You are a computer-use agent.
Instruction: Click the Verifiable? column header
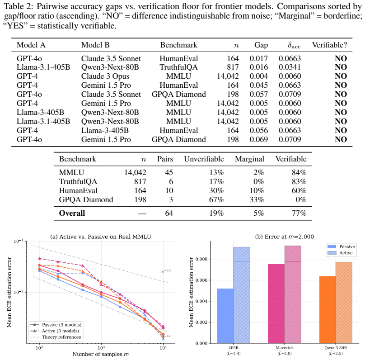[x=329, y=45]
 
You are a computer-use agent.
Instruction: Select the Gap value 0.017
[x=259, y=58]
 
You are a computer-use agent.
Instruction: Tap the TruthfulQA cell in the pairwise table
[x=178, y=67]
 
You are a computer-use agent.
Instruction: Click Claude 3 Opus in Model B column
[x=105, y=76]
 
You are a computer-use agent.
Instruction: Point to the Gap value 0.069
[x=259, y=139]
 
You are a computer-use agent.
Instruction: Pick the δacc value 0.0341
[x=290, y=67]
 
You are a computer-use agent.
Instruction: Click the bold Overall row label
[x=72, y=213]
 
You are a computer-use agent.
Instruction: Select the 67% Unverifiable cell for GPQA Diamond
[x=216, y=200]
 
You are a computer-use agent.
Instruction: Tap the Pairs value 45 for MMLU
[x=169, y=172]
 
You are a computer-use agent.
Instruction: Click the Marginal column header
[x=249, y=159]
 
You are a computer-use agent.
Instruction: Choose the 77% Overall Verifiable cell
[x=299, y=213]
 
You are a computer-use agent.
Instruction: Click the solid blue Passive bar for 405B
[x=225, y=316]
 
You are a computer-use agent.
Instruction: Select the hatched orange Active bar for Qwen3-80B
[x=344, y=303]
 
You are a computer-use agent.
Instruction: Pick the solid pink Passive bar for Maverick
[x=276, y=303]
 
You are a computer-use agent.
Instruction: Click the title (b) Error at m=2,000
[x=285, y=237]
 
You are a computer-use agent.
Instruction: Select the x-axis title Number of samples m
[x=101, y=354]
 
